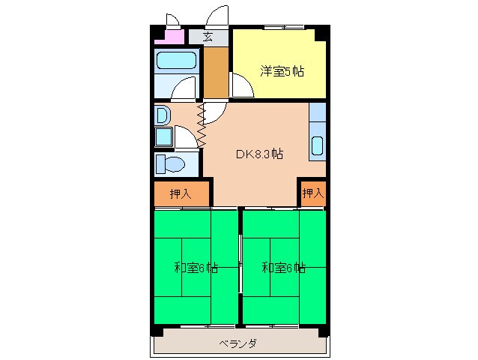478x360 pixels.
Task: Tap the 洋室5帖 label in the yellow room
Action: tap(282, 72)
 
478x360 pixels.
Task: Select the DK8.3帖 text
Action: tap(259, 154)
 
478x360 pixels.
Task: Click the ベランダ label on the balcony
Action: tap(238, 344)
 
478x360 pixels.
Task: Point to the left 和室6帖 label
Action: tap(196, 267)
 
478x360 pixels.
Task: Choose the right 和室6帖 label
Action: tap(283, 267)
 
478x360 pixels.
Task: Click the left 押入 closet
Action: tap(180, 193)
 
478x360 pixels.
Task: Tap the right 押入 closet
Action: tap(312, 193)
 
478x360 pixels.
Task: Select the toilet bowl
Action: tap(173, 163)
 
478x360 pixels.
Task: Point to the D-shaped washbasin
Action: tap(163, 115)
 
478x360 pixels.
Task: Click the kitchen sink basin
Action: tap(318, 145)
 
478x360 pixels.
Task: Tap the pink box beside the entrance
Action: tap(174, 36)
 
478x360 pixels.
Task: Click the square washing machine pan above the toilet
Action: tap(163, 137)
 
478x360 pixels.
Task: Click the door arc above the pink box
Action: tap(172, 20)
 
